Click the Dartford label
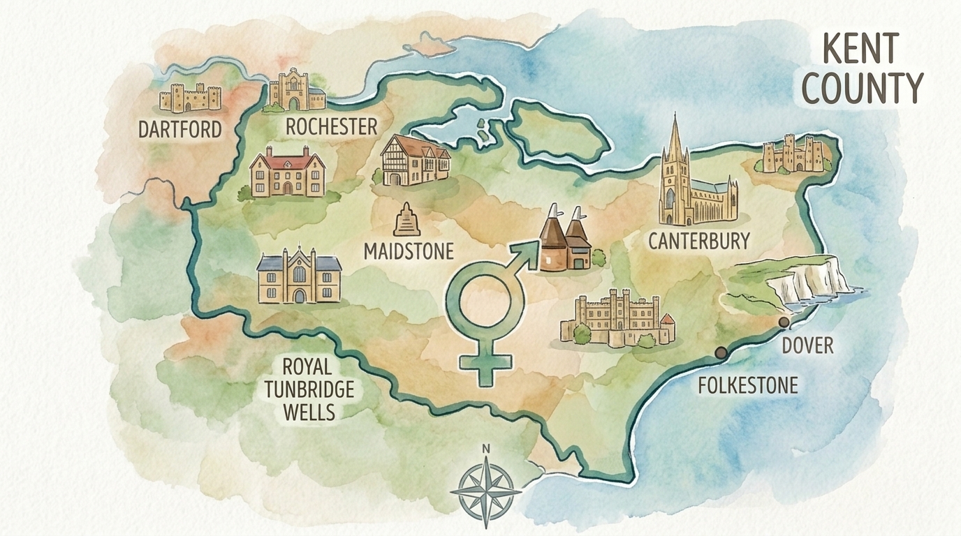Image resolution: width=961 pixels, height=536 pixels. tap(179, 129)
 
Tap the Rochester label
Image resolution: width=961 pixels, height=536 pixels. tap(331, 126)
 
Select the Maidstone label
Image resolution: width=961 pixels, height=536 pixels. tap(409, 251)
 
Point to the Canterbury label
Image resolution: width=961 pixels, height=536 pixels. tap(698, 241)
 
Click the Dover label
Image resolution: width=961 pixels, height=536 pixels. tap(807, 345)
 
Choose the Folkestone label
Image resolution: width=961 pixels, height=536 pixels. tap(748, 385)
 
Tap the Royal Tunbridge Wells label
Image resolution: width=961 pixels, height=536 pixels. tap(309, 389)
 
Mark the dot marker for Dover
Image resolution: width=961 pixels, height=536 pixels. tap(784, 322)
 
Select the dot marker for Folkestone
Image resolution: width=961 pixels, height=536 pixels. tap(721, 353)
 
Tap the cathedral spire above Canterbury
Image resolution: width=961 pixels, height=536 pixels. tap(675, 140)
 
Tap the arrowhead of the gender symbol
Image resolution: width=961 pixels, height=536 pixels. tap(529, 253)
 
